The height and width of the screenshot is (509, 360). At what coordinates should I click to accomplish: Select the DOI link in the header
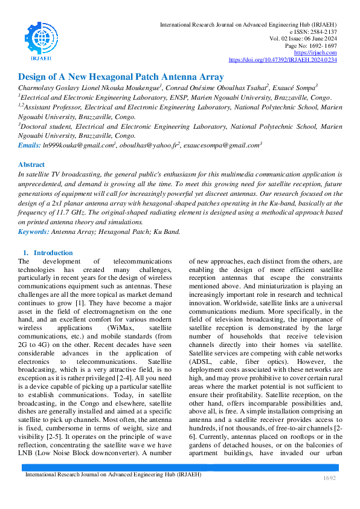pyautogui.click(x=283, y=60)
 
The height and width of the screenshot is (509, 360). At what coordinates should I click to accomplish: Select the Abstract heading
pyautogui.click(x=31, y=164)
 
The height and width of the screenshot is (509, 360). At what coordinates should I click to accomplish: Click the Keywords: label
pyautogui.click(x=34, y=232)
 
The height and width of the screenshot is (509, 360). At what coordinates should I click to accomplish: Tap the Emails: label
pyautogui.click(x=30, y=146)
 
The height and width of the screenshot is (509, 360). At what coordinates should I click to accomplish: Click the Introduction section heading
pyautogui.click(x=53, y=253)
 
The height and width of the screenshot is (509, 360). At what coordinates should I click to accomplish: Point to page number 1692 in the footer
pyautogui.click(x=329, y=478)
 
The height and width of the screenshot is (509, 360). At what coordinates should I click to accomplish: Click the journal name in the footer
pyautogui.click(x=113, y=475)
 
